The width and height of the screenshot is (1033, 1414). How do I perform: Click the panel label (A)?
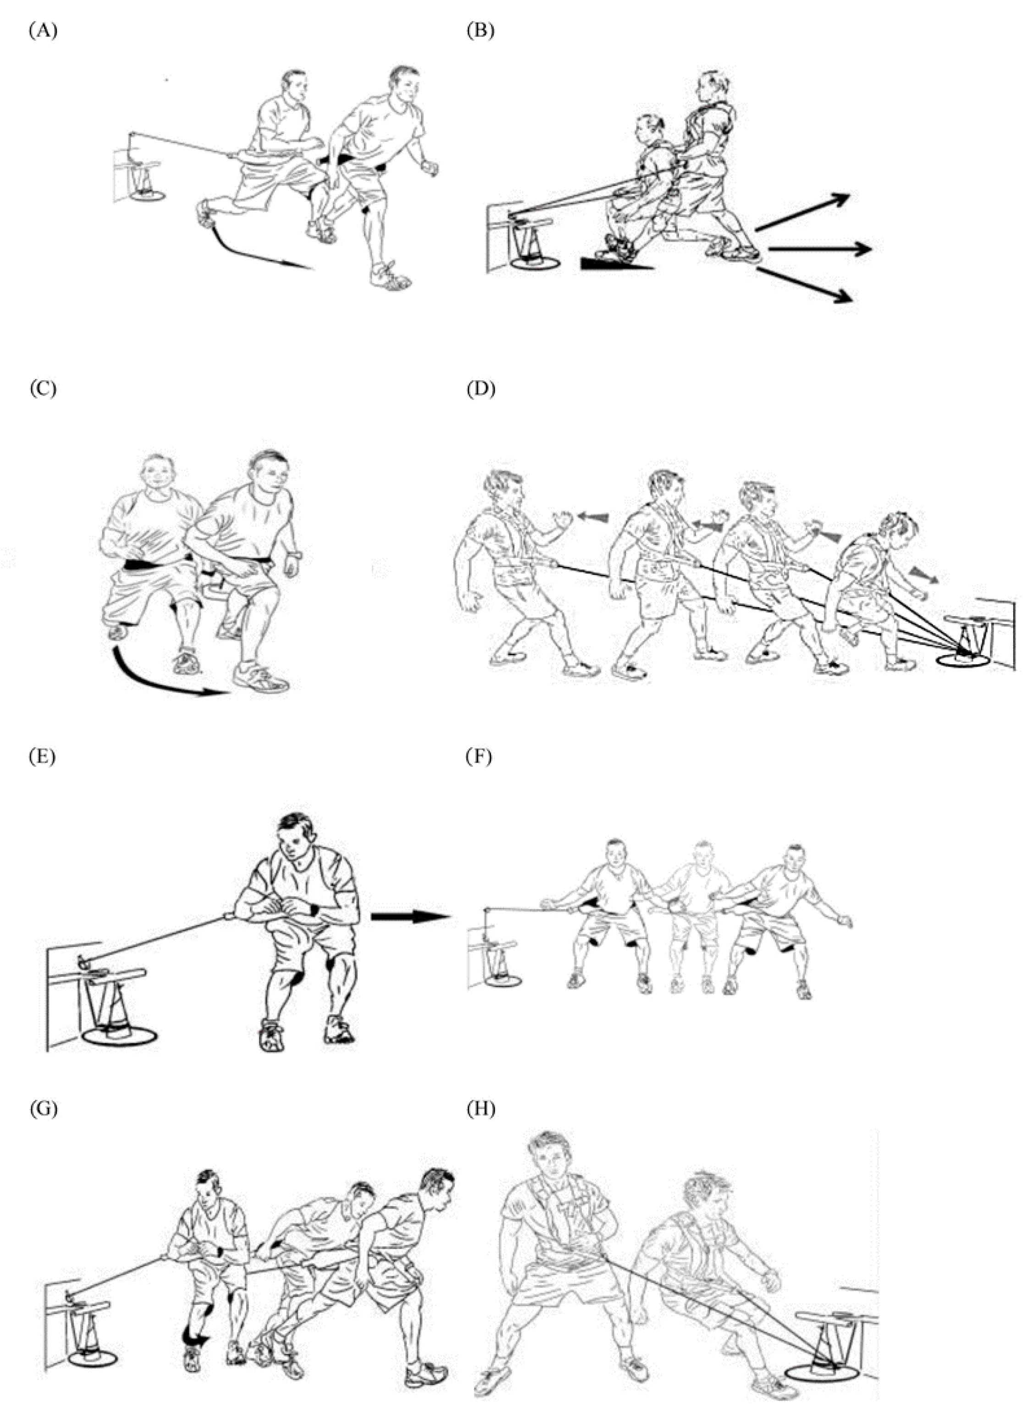pyautogui.click(x=43, y=31)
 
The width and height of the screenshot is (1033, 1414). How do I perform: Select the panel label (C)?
pyautogui.click(x=43, y=389)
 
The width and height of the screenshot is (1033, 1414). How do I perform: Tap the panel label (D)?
pyautogui.click(x=481, y=389)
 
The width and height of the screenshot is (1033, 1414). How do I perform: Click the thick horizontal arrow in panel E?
pyautogui.click(x=411, y=917)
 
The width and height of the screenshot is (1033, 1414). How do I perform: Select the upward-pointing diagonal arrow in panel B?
pyautogui.click(x=802, y=213)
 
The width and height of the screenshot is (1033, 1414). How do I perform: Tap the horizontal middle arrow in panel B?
pyautogui.click(x=820, y=249)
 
